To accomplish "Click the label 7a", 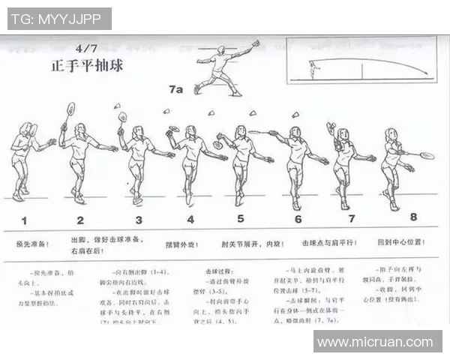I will [x=175, y=89].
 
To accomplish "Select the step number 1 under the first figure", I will [x=25, y=220].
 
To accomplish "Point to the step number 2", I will [x=80, y=220].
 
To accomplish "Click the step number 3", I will [x=139, y=220].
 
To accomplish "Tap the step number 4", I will [x=190, y=220].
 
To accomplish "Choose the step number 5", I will [x=241, y=219].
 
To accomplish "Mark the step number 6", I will [x=298, y=220].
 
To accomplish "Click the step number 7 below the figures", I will [x=351, y=218].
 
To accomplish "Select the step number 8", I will [x=413, y=217].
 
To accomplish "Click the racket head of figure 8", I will [x=427, y=156].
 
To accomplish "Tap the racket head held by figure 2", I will [x=70, y=109].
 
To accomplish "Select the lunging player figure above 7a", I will [x=222, y=69].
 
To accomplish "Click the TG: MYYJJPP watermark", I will [x=59, y=18].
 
